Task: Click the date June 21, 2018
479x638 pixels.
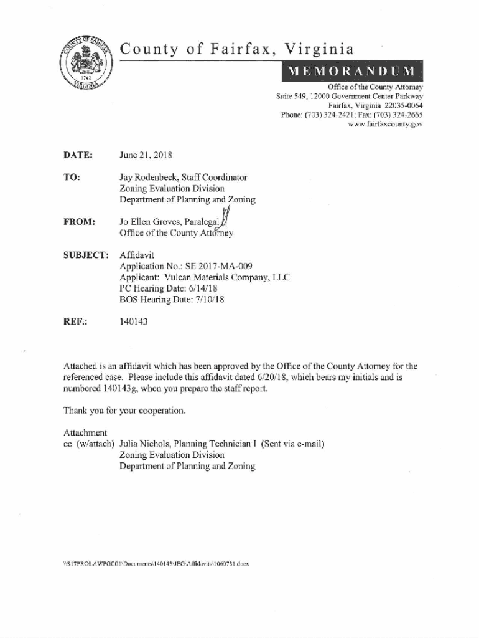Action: pyautogui.click(x=146, y=155)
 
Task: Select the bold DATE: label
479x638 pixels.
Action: pyautogui.click(x=78, y=155)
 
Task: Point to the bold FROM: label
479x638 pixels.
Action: pyautogui.click(x=79, y=222)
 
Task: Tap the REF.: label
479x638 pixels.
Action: pyautogui.click(x=75, y=323)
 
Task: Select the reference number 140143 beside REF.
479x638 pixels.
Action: pyautogui.click(x=134, y=323)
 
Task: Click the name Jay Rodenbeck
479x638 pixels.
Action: pyautogui.click(x=148, y=178)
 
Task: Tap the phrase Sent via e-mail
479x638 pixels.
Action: pyautogui.click(x=292, y=444)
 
